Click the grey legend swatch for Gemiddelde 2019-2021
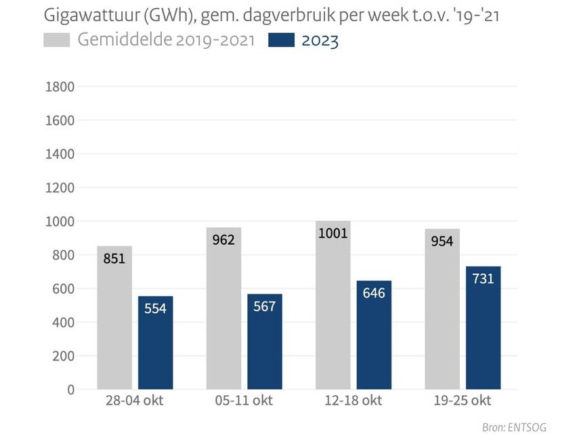pos(57,41)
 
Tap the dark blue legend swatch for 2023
pos(281,41)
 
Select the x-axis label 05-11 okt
pos(244,401)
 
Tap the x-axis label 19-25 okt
pos(463,401)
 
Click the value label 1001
pos(332,234)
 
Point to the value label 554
pos(155,308)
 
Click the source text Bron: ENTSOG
pos(514,428)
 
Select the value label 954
pos(441,241)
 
